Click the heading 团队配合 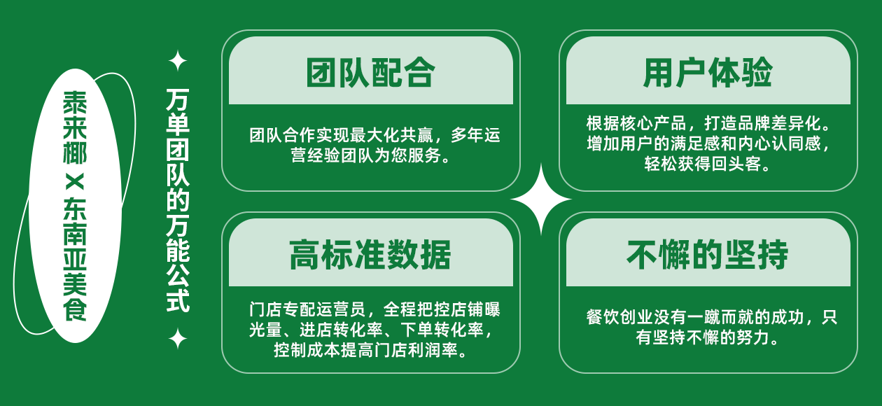click(370, 73)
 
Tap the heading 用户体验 click(708, 73)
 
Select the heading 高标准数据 click(370, 255)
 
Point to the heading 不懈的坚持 click(708, 255)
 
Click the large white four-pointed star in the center click(541, 199)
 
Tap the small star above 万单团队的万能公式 click(178, 61)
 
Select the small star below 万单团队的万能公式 click(178, 339)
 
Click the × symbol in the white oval click(75, 182)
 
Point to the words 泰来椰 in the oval click(75, 127)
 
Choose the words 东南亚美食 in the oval click(75, 259)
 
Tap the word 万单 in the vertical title click(178, 111)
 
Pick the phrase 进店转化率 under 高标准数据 click(341, 330)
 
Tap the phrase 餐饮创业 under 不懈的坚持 click(619, 317)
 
